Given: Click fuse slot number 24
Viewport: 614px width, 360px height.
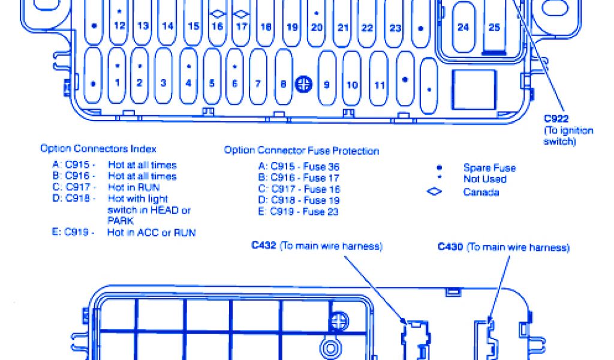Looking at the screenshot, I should [x=463, y=26].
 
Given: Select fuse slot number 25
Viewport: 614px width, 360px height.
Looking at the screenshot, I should [x=494, y=26].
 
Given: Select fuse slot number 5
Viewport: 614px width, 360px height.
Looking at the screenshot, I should [x=212, y=83].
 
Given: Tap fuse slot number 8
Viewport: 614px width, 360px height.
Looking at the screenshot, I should [x=283, y=84].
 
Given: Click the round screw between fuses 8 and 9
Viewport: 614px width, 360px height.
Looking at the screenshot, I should [x=304, y=84].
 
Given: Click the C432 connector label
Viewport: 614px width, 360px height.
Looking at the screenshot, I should [x=264, y=246].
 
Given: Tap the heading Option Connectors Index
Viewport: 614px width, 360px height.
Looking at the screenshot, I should [x=98, y=148].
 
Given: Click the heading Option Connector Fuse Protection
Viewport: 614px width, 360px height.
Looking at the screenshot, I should [x=302, y=150].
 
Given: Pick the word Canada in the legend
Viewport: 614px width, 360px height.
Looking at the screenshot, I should [x=481, y=192].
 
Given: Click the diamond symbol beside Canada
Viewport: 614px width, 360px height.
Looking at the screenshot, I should [x=434, y=192].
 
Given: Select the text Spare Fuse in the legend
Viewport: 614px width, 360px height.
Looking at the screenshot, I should [x=489, y=168].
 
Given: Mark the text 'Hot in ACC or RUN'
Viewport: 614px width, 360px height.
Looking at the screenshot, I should [x=152, y=232].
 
